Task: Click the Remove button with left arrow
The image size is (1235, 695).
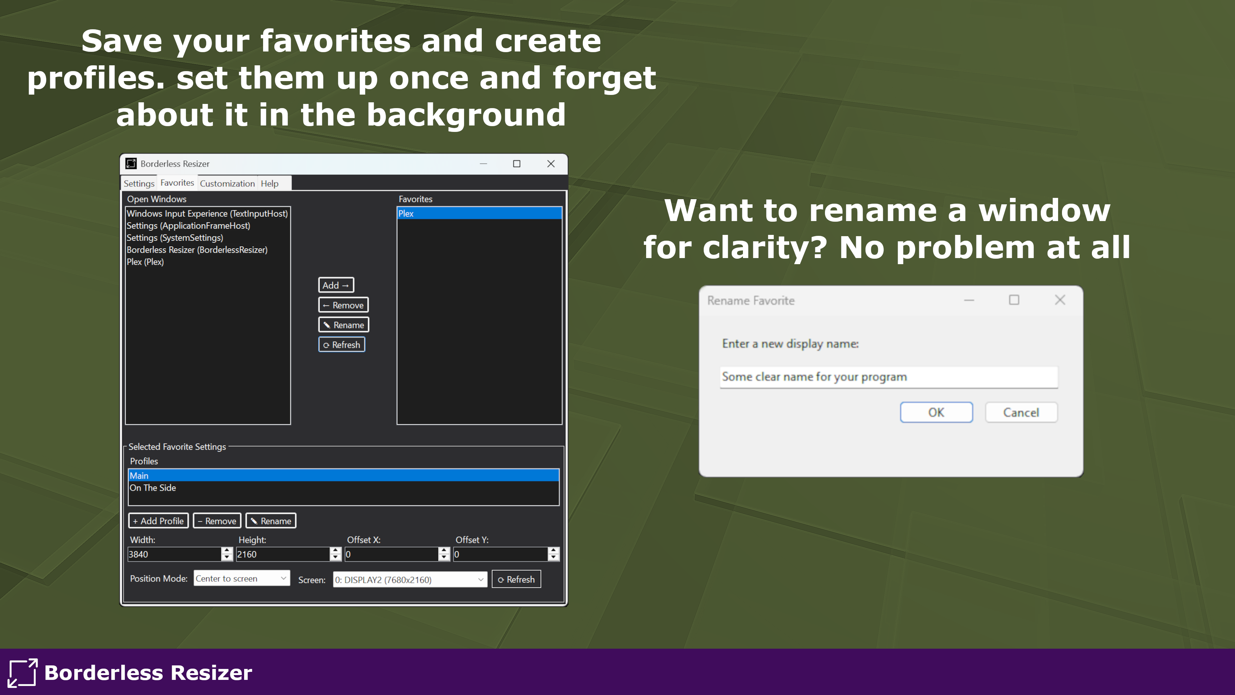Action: pos(343,305)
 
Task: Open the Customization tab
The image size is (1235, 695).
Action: pos(227,183)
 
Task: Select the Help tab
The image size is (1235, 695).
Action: pos(270,183)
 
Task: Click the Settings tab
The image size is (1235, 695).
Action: pos(139,183)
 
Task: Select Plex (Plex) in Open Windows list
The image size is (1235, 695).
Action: pos(145,262)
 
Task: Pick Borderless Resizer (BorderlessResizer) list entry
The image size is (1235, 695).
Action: pos(197,250)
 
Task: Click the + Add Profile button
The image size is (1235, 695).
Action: pos(158,521)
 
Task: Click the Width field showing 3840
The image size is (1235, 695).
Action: pos(175,554)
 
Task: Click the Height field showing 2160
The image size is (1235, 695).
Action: pos(283,554)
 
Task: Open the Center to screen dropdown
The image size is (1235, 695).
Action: pos(242,579)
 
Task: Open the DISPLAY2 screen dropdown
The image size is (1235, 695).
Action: pos(410,579)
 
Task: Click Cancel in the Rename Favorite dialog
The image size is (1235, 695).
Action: pos(1021,412)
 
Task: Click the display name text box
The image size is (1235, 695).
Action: pos(888,377)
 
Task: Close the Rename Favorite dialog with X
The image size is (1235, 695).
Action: pos(1060,300)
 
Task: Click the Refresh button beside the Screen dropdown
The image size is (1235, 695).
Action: pos(516,579)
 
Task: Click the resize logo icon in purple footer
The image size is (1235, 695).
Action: pos(23,672)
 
